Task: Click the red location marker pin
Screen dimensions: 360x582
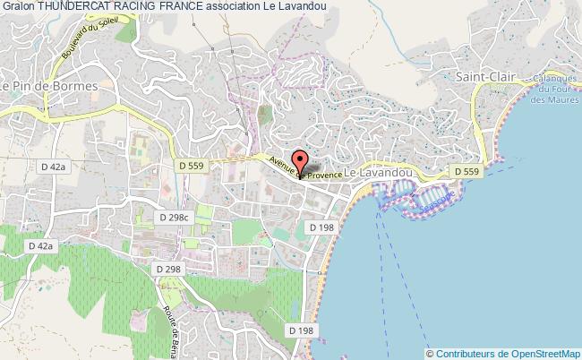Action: pyautogui.click(x=301, y=164)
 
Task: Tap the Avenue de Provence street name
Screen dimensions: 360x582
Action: pyautogui.click(x=308, y=169)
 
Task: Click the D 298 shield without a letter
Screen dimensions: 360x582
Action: pyautogui.click(x=167, y=269)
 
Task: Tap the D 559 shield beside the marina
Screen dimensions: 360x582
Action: pyautogui.click(x=467, y=171)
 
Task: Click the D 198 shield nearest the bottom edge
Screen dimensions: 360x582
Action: pyautogui.click(x=303, y=331)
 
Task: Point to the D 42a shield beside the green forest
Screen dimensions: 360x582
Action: pyautogui.click(x=41, y=244)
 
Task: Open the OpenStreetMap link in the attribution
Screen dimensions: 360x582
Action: pyautogui.click(x=539, y=353)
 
